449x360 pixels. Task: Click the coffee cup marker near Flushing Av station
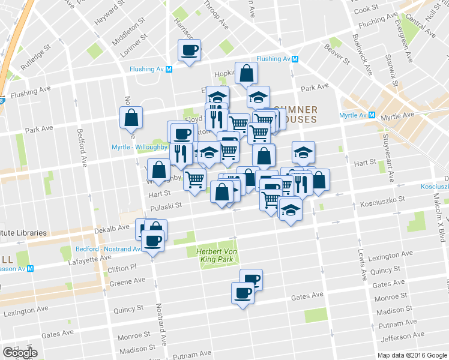(x=189, y=50)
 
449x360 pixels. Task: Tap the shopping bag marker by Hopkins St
(x=246, y=73)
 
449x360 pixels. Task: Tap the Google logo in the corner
(x=20, y=352)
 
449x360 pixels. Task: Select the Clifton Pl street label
(x=122, y=268)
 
